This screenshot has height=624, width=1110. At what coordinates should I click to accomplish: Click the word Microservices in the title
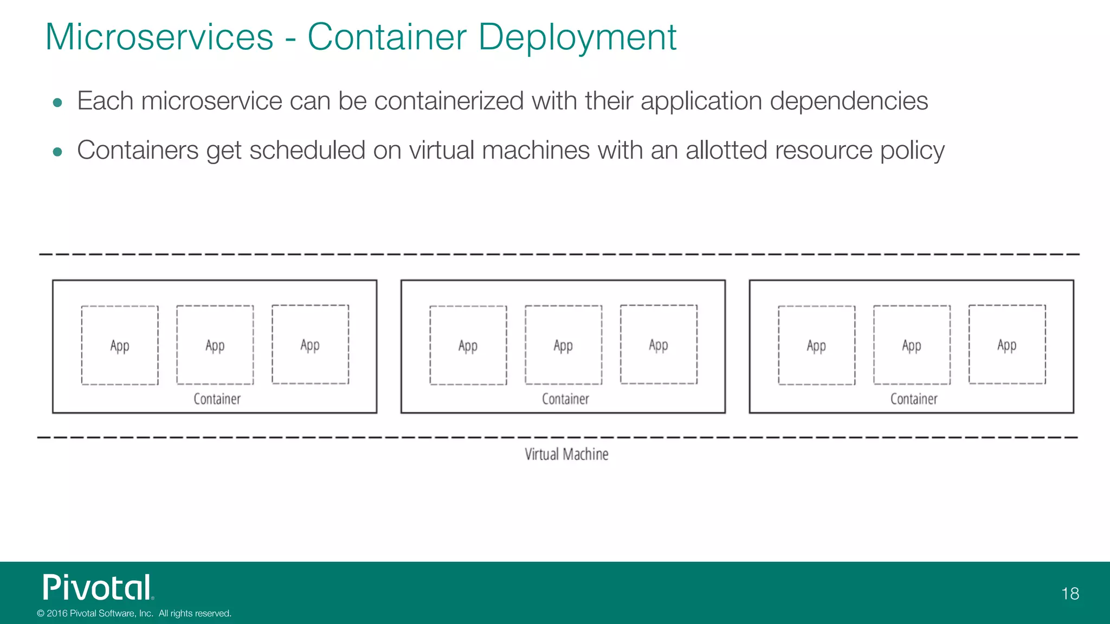(x=159, y=37)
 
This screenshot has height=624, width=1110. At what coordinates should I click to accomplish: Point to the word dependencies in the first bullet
(x=849, y=101)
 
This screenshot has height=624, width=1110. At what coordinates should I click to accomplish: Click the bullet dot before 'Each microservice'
(x=57, y=102)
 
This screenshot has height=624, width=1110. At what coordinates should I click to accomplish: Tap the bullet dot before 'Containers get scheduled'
(x=57, y=152)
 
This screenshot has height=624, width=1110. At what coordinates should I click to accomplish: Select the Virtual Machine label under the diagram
(x=566, y=454)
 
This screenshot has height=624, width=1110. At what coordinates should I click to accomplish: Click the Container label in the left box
(x=217, y=399)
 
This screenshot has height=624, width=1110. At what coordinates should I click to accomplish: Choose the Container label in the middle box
(x=565, y=399)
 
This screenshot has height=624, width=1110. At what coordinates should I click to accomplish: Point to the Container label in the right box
(x=914, y=399)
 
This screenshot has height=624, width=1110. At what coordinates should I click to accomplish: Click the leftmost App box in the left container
(x=120, y=346)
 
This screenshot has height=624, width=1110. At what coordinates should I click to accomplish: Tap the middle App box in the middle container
(x=563, y=345)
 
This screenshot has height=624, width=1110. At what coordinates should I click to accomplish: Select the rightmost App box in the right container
(x=1007, y=344)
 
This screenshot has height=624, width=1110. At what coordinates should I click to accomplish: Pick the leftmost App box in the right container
(x=816, y=346)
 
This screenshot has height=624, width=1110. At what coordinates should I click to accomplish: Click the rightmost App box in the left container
(x=310, y=344)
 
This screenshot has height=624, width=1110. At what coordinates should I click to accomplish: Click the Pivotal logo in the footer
(x=98, y=587)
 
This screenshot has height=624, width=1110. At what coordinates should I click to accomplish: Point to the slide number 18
(x=1070, y=594)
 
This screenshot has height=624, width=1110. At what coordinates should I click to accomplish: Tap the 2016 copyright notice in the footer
(x=134, y=613)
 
